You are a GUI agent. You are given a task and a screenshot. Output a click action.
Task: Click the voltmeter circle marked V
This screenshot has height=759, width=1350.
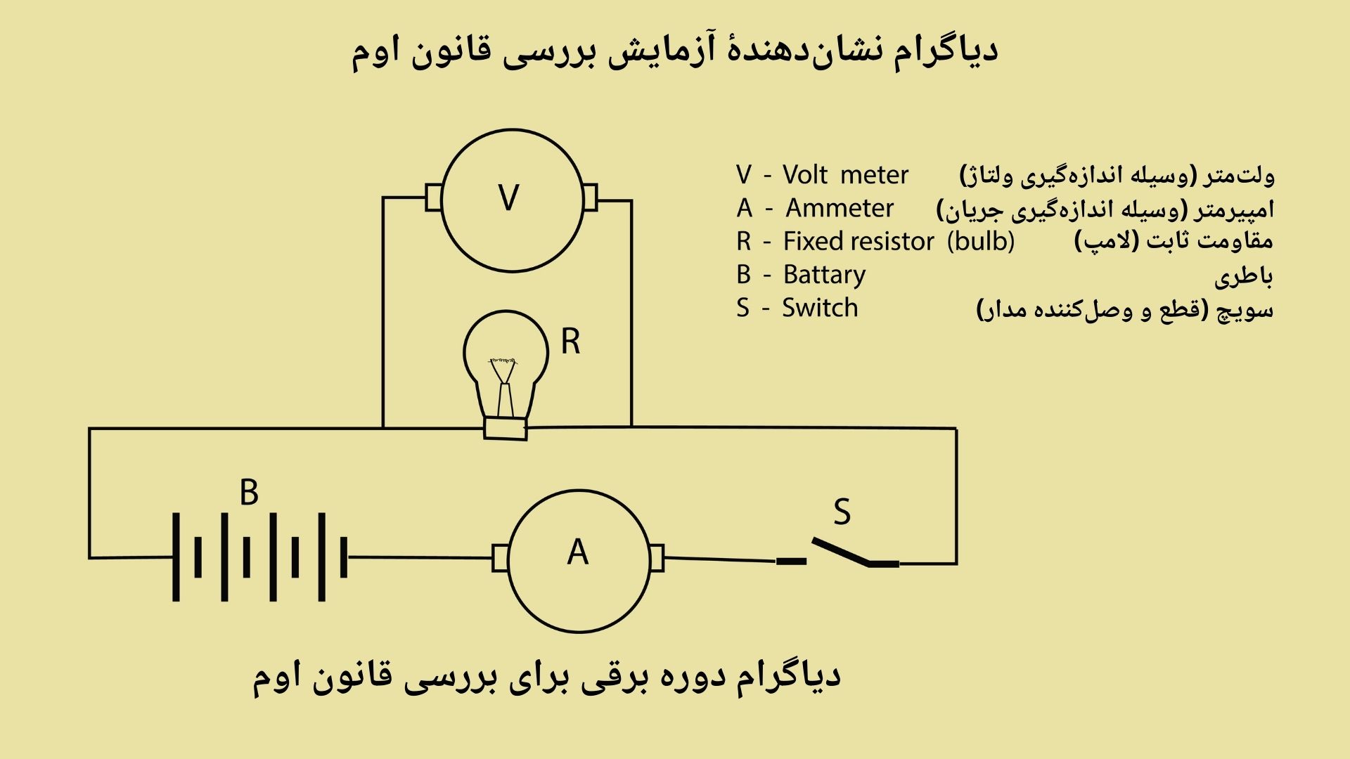[x=511, y=200]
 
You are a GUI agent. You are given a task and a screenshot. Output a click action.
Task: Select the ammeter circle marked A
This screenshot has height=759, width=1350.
[x=579, y=560]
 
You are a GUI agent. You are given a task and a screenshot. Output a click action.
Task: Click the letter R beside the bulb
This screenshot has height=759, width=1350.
[x=570, y=342]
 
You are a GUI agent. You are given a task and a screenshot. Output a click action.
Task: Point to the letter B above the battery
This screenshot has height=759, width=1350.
[x=249, y=493]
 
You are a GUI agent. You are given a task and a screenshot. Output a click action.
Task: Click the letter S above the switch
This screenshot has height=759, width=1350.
[x=842, y=512]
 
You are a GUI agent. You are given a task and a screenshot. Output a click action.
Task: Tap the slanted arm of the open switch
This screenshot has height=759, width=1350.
[x=841, y=552]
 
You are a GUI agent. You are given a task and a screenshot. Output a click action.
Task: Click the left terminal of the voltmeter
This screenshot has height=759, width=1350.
[x=434, y=197]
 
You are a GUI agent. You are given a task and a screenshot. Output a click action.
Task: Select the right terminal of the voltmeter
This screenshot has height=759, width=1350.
[x=591, y=197]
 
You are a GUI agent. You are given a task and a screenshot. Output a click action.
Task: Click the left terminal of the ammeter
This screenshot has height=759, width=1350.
[x=500, y=558]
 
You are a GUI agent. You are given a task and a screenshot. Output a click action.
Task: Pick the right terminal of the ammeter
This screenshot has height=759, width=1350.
[x=657, y=559]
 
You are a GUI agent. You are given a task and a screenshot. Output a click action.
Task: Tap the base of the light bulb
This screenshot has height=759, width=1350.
[x=506, y=428]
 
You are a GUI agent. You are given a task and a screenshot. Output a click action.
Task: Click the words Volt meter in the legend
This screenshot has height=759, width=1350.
[x=845, y=175]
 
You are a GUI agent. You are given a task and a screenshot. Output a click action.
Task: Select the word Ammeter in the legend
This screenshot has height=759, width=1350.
[x=840, y=209]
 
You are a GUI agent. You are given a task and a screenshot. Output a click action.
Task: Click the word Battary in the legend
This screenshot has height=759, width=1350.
[x=824, y=275]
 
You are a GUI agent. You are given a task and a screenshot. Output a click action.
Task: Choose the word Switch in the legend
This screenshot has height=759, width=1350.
[x=820, y=308]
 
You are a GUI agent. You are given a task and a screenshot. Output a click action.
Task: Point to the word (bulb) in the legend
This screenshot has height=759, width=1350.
[x=980, y=242]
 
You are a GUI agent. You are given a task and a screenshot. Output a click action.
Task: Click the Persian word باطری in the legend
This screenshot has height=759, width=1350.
[x=1243, y=276]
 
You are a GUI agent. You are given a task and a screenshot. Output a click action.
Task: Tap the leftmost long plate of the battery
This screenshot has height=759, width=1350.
[x=176, y=557]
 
